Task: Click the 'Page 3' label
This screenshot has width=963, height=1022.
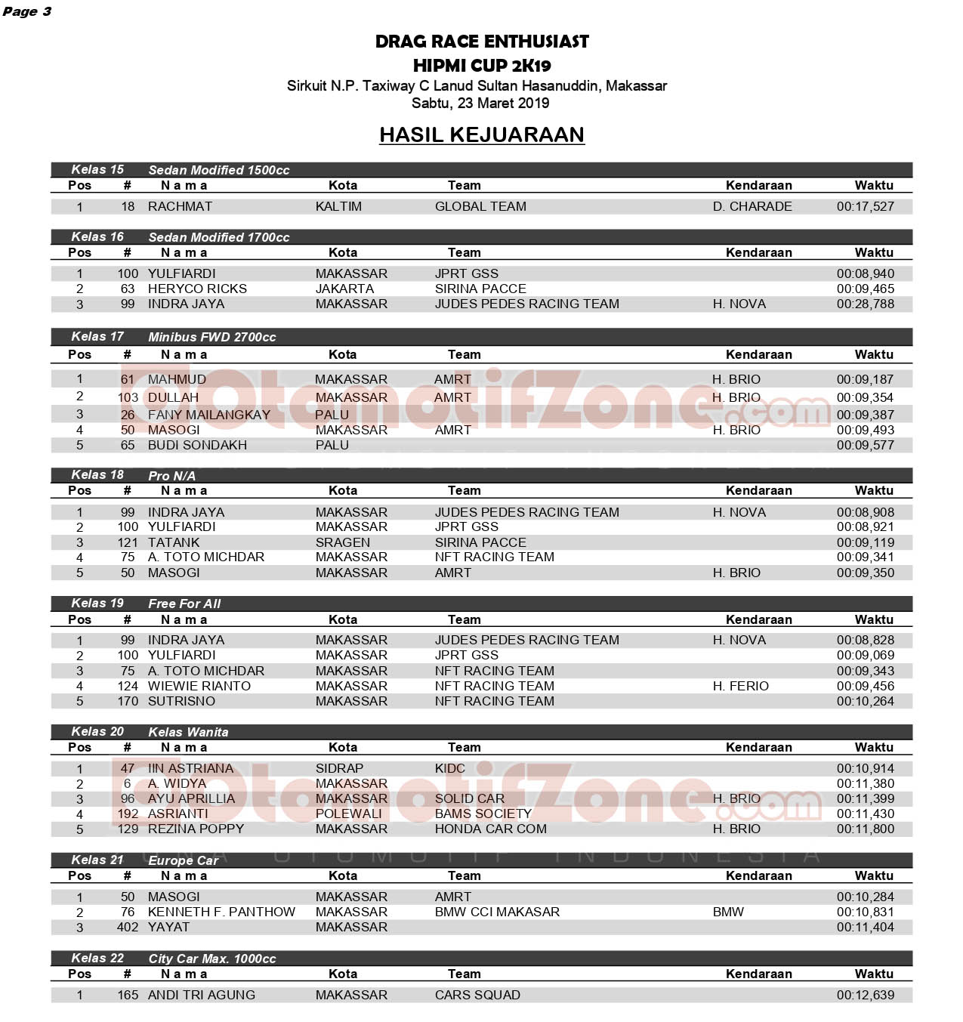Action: [x=27, y=11]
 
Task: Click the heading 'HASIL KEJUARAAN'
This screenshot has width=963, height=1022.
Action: [x=481, y=134]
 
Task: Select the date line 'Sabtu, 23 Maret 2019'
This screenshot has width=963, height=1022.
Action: [x=480, y=103]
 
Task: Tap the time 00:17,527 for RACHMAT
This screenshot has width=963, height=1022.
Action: [x=865, y=206]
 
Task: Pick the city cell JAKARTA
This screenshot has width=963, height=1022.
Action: [x=344, y=289]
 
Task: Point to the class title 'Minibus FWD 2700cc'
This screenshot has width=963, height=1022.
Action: [x=211, y=337]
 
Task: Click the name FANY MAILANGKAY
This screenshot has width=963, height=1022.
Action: [x=208, y=415]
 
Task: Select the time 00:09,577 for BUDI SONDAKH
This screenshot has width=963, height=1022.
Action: [x=865, y=445]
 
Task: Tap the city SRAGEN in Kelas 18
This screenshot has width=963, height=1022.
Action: [x=343, y=542]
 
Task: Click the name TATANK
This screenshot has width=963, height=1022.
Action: [x=174, y=542]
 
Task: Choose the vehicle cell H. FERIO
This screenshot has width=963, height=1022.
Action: [x=740, y=686]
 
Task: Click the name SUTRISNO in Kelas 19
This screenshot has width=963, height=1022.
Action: [x=181, y=701]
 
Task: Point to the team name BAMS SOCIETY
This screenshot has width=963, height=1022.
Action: [x=483, y=814]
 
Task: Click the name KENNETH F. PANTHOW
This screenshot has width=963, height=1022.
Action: [x=221, y=912]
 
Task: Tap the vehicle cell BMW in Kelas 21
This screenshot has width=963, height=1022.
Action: [x=728, y=912]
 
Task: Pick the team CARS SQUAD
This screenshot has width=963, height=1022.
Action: [x=477, y=995]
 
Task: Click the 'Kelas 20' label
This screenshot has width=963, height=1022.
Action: [x=97, y=731]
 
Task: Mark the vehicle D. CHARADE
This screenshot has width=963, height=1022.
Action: [x=752, y=206]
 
